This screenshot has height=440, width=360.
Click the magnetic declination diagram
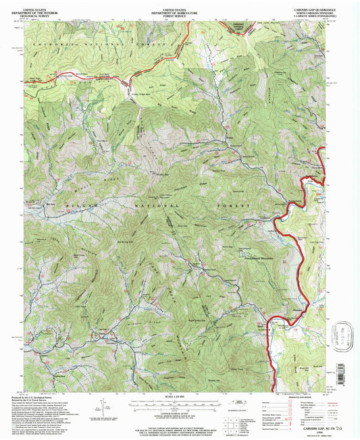pyautogui.click(x=101, y=407)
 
